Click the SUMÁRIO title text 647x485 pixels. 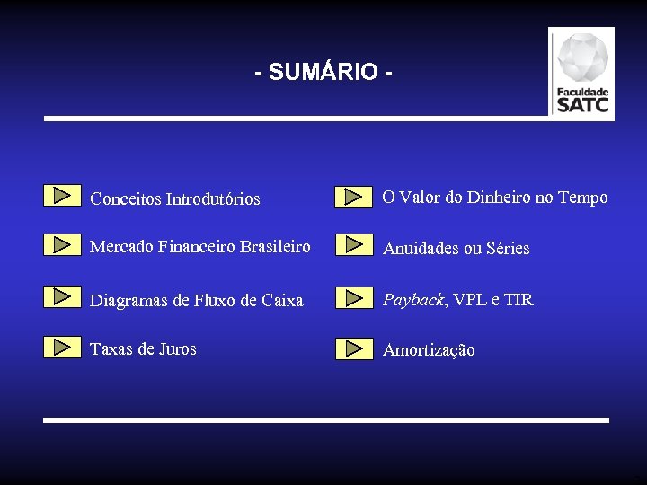click(x=323, y=72)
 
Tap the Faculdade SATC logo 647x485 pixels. click(x=582, y=74)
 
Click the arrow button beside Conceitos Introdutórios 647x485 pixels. click(x=62, y=195)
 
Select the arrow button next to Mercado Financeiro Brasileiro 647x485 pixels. click(x=62, y=244)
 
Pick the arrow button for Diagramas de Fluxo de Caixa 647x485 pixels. click(x=62, y=296)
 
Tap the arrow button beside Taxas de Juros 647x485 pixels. click(x=62, y=347)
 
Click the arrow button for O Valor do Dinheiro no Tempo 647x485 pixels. click(x=354, y=196)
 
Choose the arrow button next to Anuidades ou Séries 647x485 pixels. click(x=354, y=244)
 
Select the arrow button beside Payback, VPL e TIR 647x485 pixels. click(x=354, y=297)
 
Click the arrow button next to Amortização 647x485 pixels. click(x=354, y=348)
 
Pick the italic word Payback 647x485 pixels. click(x=413, y=300)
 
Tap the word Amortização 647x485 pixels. click(x=429, y=350)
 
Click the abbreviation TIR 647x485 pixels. click(x=518, y=300)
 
